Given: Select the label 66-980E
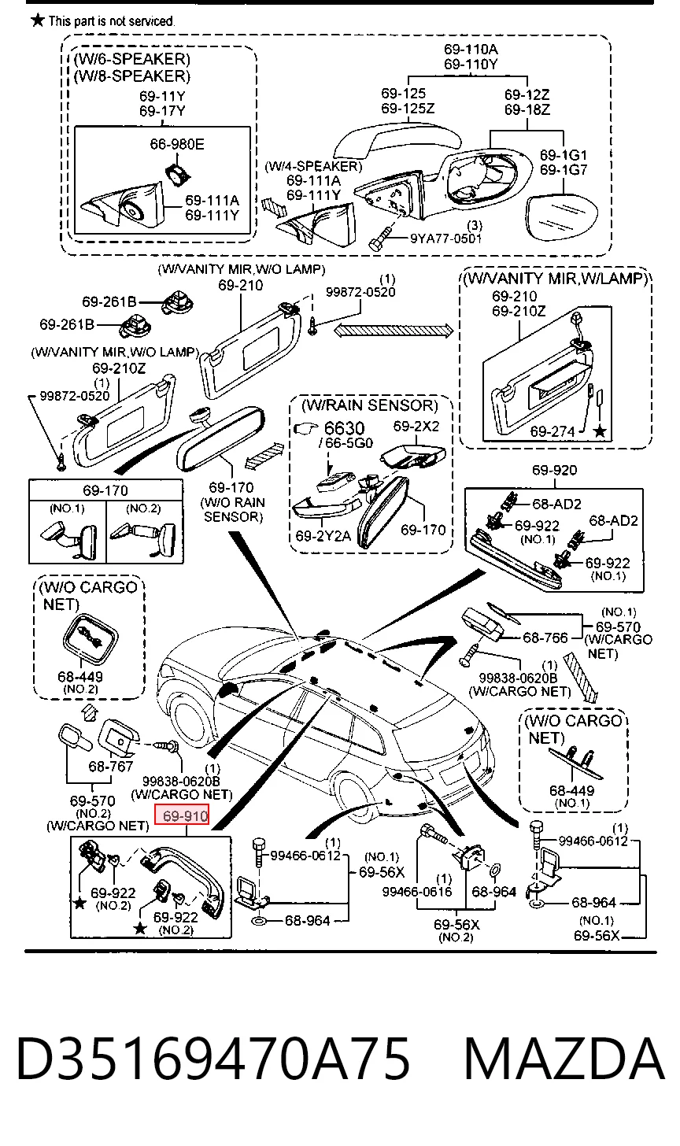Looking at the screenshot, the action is [177, 144].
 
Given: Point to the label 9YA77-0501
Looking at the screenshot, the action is [446, 238].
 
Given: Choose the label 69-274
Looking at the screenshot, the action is [552, 431].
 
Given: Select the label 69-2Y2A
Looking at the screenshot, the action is [323, 536].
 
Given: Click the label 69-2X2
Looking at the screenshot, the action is [416, 426].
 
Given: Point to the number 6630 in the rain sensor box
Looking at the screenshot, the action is [344, 428].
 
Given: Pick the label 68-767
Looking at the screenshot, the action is [110, 766].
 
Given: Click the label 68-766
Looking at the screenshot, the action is [545, 638].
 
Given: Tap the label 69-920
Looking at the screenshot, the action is [554, 470].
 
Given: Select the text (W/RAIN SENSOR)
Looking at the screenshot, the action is [369, 405].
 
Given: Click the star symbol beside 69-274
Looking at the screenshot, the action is [601, 431].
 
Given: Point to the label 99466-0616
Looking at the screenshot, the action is [417, 892].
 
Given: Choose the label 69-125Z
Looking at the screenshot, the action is [407, 109].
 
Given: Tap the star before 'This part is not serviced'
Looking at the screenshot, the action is [37, 20].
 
